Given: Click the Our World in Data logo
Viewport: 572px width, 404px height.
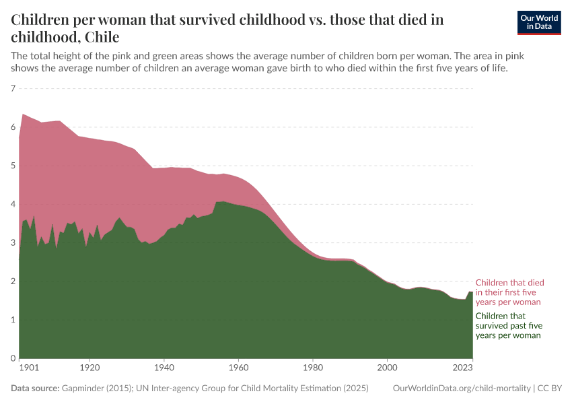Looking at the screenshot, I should [x=538, y=22].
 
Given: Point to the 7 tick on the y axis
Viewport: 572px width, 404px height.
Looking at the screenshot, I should [x=13, y=88].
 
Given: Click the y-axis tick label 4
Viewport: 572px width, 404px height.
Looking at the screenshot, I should [x=13, y=204].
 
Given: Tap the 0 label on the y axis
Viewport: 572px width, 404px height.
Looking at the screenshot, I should [x=13, y=358].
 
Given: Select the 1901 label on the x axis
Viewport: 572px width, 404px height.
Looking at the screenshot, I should [x=28, y=368].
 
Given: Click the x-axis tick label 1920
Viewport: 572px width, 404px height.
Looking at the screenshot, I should [x=90, y=368].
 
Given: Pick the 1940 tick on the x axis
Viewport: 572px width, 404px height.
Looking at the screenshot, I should [x=164, y=368].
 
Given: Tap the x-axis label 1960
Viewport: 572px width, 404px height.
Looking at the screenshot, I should [x=238, y=368].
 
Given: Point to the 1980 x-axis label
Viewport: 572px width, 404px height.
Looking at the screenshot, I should [x=312, y=368].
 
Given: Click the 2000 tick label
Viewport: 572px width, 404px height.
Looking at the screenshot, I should [x=386, y=368].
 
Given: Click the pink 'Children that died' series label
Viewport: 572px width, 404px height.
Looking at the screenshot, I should [x=509, y=292].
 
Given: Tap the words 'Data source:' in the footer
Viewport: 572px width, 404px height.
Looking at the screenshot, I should [x=35, y=389].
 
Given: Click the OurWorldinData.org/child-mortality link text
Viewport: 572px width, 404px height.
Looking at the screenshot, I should [x=461, y=389].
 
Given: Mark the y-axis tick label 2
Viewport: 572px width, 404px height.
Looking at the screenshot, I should [x=13, y=281].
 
